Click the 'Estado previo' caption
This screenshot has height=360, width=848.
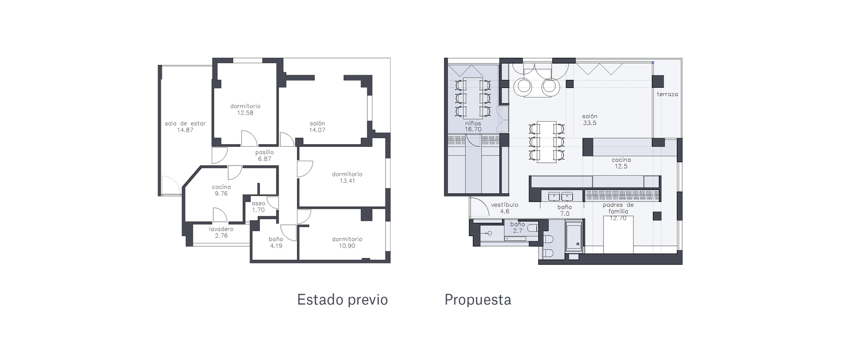click(342, 299)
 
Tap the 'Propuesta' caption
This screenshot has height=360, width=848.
click(478, 300)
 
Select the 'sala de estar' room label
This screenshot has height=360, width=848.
click(185, 123)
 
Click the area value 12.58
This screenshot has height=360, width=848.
click(246, 112)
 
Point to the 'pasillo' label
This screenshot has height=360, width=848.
click(264, 152)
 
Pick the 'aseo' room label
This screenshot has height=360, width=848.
click(258, 204)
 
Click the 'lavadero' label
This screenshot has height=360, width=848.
click(221, 229)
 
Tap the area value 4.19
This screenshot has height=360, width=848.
click(276, 246)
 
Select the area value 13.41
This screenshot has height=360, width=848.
click(347, 181)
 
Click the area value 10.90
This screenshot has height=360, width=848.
click(347, 246)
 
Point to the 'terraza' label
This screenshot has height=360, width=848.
click(667, 94)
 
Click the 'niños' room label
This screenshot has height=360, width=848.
click(473, 123)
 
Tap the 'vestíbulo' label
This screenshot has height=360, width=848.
click(504, 205)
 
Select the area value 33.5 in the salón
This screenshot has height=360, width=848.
click(590, 123)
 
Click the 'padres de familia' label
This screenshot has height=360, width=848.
click(618, 208)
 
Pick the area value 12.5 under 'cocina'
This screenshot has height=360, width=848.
click(621, 167)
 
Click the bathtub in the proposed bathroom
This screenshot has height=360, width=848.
click(574, 238)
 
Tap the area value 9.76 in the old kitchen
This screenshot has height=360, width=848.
click(221, 193)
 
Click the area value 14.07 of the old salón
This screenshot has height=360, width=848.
click(317, 130)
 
